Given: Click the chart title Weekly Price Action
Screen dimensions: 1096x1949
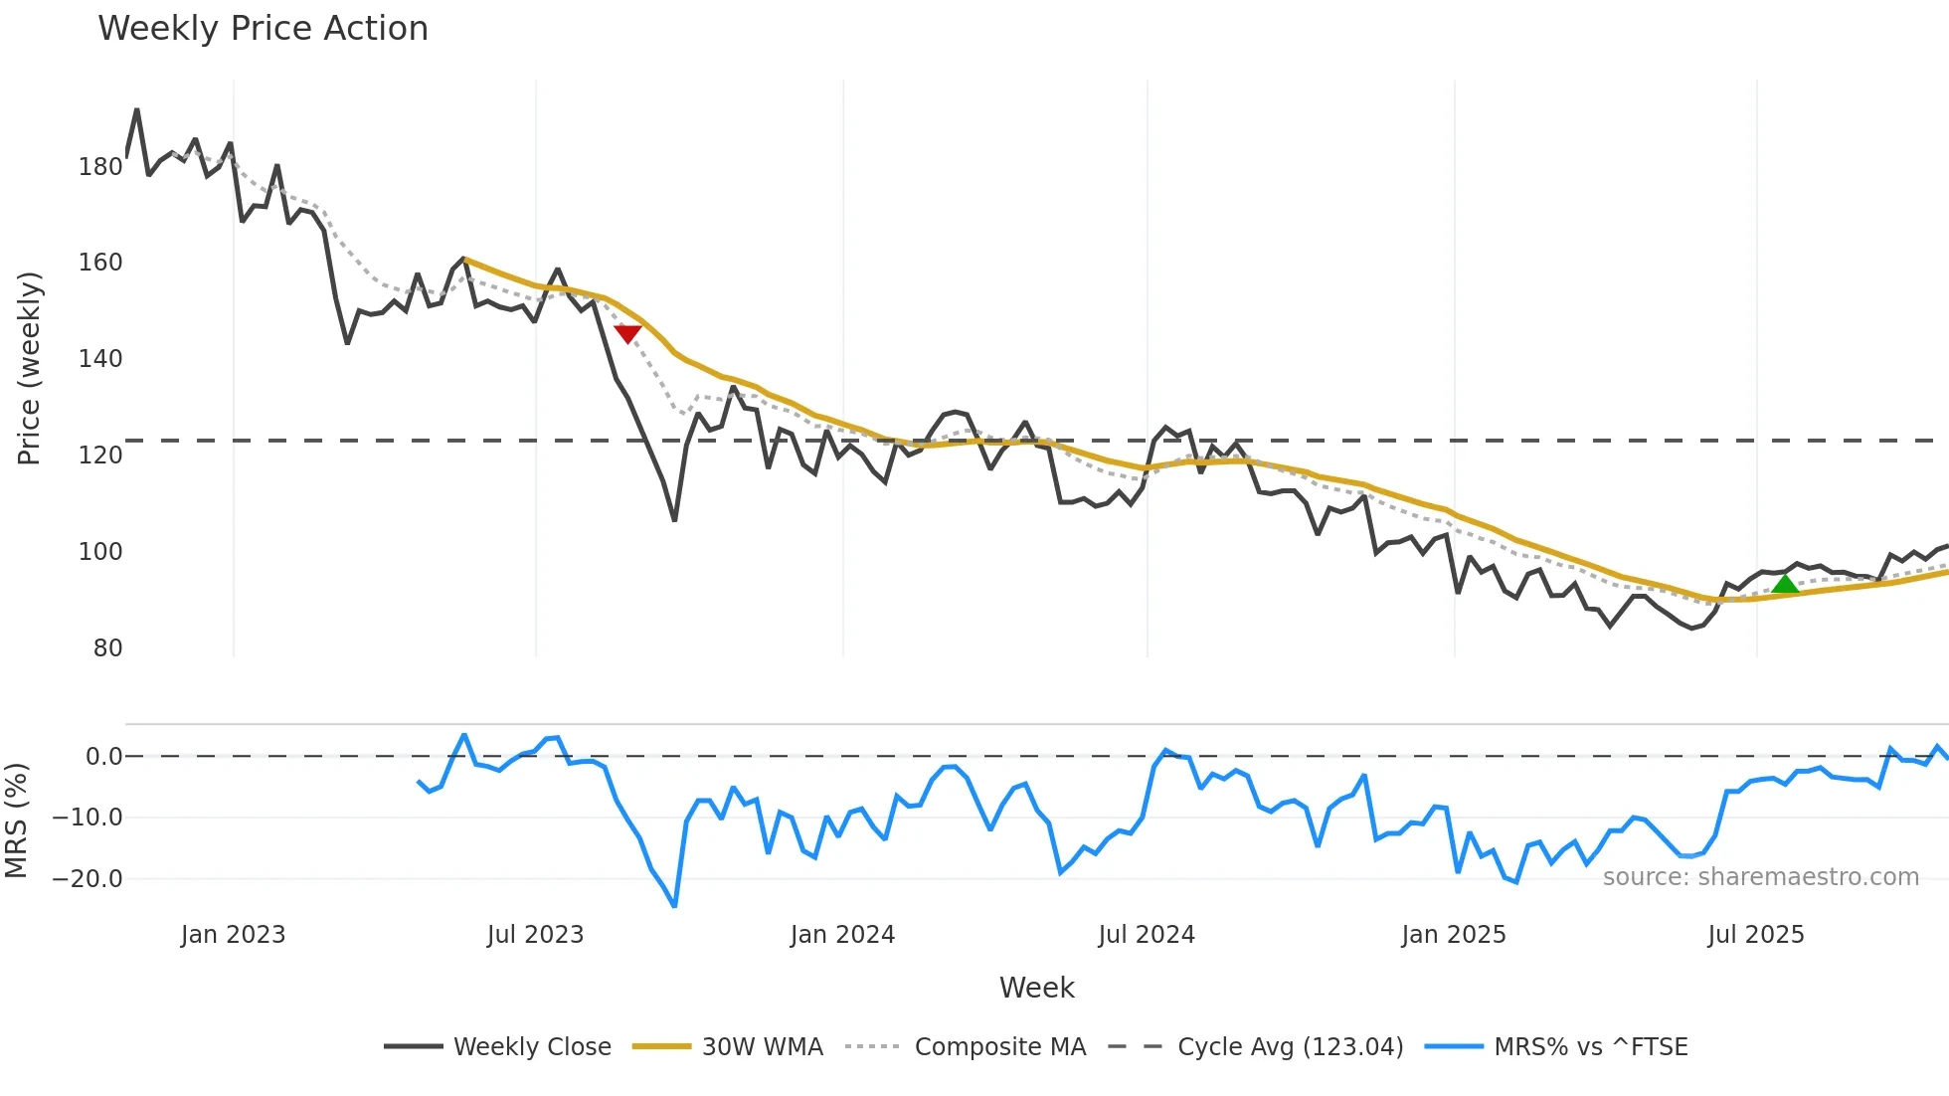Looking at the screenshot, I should (263, 29).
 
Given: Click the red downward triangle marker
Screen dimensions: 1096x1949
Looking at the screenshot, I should (627, 333).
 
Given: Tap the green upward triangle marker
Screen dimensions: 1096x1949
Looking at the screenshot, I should (1785, 584).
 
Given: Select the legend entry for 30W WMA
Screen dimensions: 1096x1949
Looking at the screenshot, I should (762, 1046).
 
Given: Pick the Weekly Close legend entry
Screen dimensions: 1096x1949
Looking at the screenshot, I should (532, 1046).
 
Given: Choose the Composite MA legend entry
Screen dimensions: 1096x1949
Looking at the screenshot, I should (999, 1046).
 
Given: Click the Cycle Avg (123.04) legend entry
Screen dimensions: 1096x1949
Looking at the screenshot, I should (1290, 1046).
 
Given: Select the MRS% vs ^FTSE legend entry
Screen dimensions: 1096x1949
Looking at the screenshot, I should (1590, 1046).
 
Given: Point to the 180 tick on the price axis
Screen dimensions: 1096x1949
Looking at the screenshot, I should (100, 167).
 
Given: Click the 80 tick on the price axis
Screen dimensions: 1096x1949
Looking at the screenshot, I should (107, 648).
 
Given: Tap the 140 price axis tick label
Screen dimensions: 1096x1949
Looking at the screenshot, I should (100, 359).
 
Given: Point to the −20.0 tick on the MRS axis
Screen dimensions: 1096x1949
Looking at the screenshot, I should (88, 879).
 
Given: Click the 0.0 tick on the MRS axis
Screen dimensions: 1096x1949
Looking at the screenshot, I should (103, 757).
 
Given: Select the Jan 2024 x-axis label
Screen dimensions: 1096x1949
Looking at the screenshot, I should (842, 935).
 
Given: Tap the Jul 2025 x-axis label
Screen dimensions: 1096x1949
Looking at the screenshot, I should (1755, 935).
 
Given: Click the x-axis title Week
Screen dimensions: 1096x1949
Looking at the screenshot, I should (1036, 988).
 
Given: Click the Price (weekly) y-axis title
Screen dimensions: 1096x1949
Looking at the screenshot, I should (29, 368).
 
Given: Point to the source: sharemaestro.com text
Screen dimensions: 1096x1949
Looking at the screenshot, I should (1760, 877).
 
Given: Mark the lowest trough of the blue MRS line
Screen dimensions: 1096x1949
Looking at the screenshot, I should (674, 906).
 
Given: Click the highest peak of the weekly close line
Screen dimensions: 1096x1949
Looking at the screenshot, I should (136, 110).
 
